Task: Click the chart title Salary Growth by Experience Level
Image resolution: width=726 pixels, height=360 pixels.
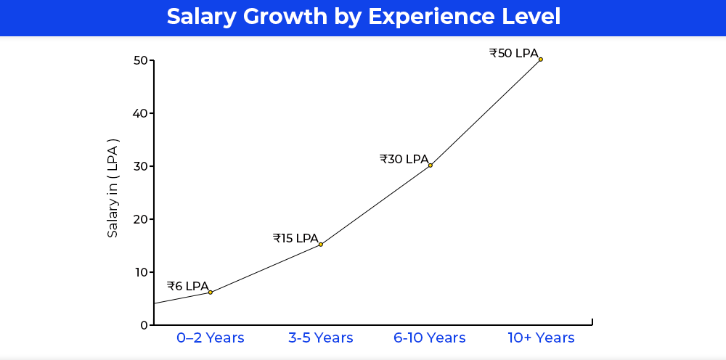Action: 363,17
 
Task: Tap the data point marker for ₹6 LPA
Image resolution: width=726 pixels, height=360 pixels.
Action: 211,292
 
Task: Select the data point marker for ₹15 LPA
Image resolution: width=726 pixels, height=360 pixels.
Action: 321,245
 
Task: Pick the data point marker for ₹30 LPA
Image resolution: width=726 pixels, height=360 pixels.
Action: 431,165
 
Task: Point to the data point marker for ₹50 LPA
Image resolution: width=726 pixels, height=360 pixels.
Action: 541,60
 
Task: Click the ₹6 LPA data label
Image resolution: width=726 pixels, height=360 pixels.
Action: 187,286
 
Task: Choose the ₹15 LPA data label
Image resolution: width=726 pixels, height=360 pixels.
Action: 295,238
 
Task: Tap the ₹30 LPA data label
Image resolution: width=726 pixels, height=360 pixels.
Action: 404,159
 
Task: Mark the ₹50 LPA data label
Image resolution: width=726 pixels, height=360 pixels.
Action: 514,53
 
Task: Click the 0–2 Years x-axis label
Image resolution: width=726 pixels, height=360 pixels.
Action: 211,338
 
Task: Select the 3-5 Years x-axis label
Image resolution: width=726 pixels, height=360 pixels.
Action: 321,338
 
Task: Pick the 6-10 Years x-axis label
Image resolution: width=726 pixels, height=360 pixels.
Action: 430,338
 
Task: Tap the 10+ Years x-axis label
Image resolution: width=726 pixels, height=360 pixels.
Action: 541,338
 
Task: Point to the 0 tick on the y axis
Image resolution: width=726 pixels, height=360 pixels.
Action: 144,325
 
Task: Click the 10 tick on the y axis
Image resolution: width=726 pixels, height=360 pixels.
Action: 141,272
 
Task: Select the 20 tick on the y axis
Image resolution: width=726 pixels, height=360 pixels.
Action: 141,219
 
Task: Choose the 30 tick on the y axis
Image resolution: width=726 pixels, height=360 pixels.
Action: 141,166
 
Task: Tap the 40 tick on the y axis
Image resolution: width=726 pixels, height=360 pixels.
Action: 141,113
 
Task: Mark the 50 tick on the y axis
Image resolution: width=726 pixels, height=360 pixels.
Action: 141,60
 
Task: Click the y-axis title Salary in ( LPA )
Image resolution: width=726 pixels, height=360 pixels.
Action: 113,188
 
